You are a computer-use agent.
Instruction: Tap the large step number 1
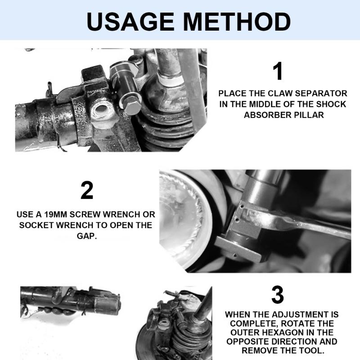[x=278, y=72]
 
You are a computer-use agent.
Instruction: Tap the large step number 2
[x=87, y=191]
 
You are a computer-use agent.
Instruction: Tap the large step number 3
[x=278, y=295]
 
